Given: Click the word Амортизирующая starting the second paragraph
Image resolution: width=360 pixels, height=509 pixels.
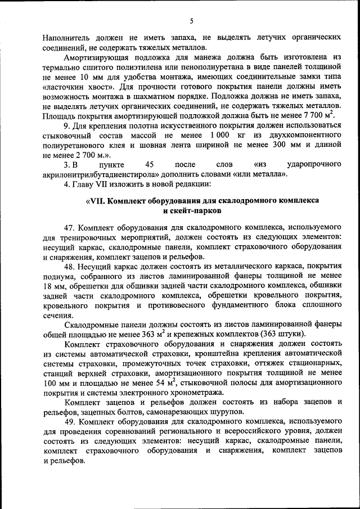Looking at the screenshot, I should coord(94,57).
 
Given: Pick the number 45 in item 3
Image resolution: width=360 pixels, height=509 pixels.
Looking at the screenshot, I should coord(149,164).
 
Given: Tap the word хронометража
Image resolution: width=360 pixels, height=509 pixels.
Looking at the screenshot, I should coord(199,393).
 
